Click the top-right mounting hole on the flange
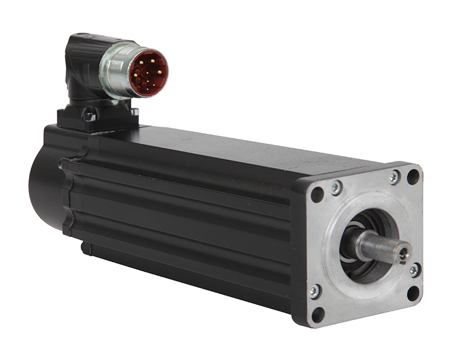click(x=413, y=176)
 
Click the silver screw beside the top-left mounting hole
click(x=336, y=188)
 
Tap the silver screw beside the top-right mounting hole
click(x=394, y=177)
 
